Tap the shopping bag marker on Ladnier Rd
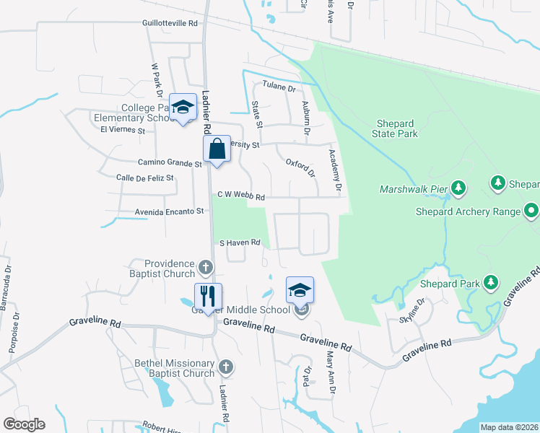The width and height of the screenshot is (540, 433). (217, 150)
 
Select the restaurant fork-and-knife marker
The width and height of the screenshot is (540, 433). (208, 297)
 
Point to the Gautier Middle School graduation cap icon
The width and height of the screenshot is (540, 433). (300, 291)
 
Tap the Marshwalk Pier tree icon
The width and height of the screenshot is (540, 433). (458, 189)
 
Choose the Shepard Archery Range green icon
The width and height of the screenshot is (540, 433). (531, 211)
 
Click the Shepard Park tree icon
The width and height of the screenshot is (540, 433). (491, 283)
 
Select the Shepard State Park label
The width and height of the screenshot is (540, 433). (395, 128)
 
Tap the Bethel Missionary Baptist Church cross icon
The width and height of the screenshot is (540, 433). (226, 367)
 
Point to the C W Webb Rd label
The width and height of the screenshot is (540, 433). (242, 196)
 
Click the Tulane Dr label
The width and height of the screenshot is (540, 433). (279, 88)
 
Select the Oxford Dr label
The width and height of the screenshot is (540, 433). (301, 168)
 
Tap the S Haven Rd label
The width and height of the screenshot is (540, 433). (239, 243)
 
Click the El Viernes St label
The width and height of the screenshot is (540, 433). (123, 131)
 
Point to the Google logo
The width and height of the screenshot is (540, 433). (24, 424)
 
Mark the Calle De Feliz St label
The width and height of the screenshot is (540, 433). (145, 178)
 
